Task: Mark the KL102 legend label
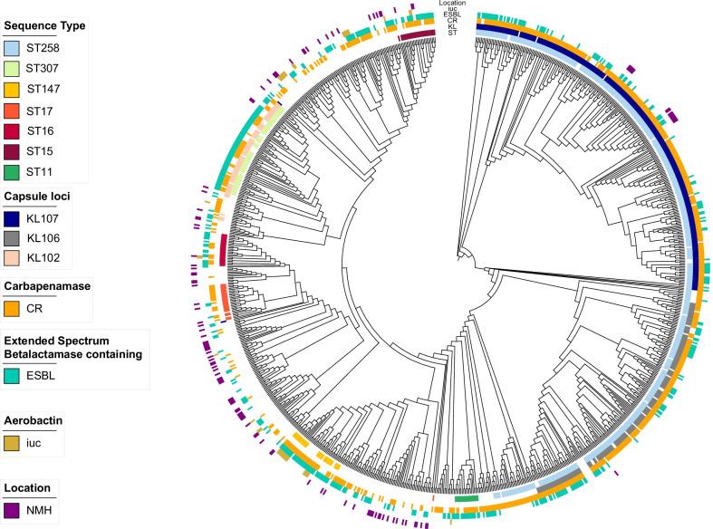[x=42, y=259]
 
